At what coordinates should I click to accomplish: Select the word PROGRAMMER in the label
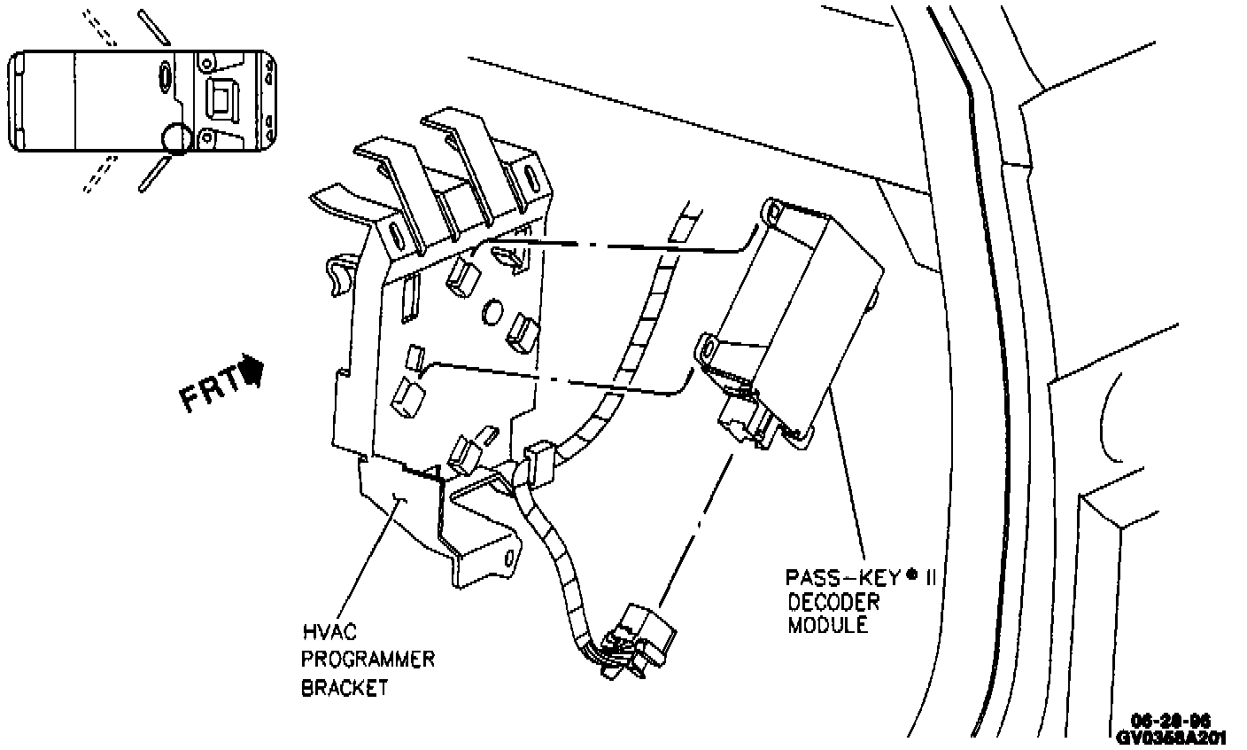point(368,660)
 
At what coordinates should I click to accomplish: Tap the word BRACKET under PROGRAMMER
point(345,687)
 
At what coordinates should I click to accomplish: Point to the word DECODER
point(834,602)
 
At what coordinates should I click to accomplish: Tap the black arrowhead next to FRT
point(253,371)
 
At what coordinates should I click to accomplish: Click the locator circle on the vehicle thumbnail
point(175,138)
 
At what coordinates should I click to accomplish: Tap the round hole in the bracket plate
point(493,313)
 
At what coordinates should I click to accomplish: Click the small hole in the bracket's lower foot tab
point(510,558)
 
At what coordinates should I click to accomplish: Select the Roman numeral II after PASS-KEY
point(930,578)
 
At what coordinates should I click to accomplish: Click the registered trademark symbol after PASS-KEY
point(911,573)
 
